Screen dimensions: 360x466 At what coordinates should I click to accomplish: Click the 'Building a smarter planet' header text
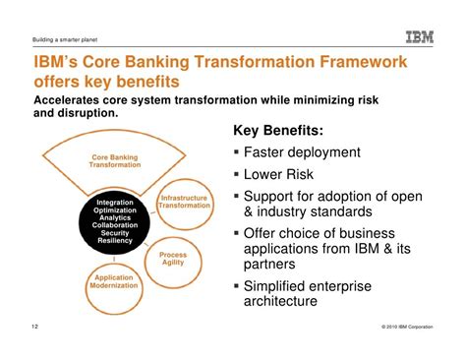pos(58,40)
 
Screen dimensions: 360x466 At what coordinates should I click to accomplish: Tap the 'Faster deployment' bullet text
pos(309,153)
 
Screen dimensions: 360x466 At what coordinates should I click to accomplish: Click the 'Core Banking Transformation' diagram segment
pos(115,160)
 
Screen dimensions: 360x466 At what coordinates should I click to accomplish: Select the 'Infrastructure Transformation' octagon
pos(185,202)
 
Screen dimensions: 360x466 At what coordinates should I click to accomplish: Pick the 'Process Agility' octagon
pos(173,259)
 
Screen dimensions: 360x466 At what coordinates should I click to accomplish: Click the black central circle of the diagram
pos(115,221)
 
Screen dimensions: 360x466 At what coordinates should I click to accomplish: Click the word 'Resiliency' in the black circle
pos(115,241)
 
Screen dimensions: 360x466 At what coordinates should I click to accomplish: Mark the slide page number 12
pos(35,324)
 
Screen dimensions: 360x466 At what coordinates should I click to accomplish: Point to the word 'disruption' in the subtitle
pos(98,114)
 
